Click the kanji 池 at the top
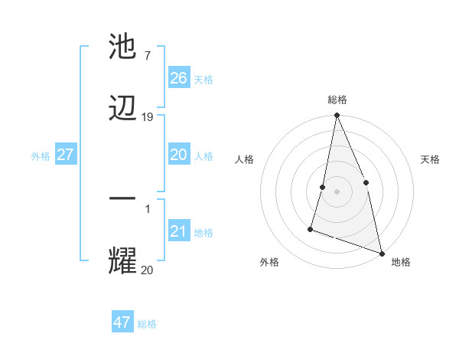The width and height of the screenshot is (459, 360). coord(123,47)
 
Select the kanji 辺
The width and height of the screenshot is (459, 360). coord(123,109)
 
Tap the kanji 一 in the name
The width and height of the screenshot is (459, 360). coord(123,198)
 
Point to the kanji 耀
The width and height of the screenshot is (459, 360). coord(123,260)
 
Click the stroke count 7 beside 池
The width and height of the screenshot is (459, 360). coord(147,56)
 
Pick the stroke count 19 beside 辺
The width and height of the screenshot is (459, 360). coord(148,117)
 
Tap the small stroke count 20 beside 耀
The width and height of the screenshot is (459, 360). coord(147,269)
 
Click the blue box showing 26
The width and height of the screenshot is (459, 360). coord(179,78)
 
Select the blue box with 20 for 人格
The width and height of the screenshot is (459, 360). coord(179,155)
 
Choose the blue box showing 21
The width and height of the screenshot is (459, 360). coord(179,231)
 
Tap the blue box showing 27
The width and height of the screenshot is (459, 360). coord(66,155)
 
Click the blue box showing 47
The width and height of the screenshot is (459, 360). coord(122,322)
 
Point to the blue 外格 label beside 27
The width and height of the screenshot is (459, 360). coord(41,156)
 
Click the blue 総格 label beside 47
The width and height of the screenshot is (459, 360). coord(147,324)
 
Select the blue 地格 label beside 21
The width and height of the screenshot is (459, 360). coord(203,233)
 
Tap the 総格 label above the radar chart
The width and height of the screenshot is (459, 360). coord(337,100)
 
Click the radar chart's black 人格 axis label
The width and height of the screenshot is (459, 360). coord(245,159)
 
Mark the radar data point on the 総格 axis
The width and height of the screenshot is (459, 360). coord(337,116)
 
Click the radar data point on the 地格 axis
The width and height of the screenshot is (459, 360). coord(381,252)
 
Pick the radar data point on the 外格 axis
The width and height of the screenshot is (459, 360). coord(311,228)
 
